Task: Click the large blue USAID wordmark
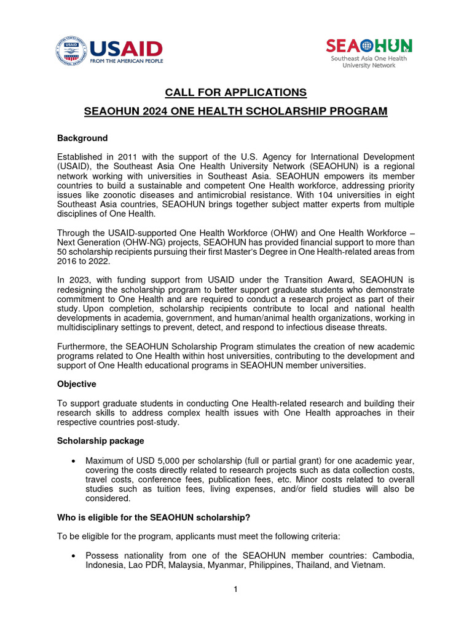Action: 126,49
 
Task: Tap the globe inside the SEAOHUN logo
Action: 367,46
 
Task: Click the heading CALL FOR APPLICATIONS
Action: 235,92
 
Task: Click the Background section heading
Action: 82,138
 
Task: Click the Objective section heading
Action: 77,384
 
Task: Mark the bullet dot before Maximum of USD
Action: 74,461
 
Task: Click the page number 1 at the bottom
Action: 235,589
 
